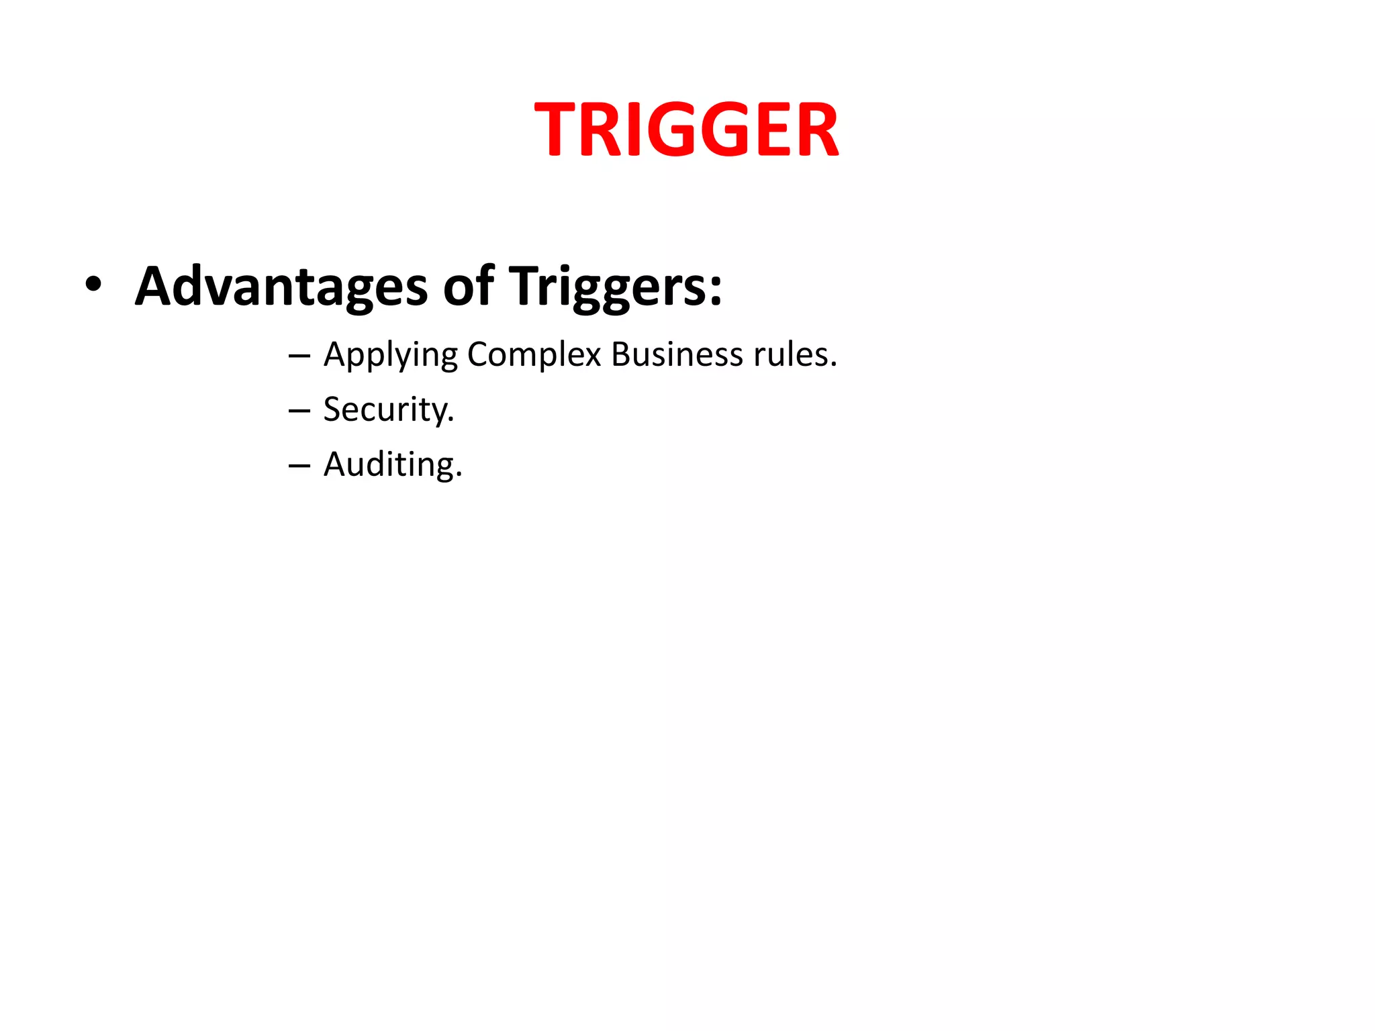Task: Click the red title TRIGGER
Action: click(x=686, y=130)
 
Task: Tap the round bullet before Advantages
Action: click(x=93, y=285)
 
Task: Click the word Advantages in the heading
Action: click(x=281, y=287)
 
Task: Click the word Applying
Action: click(x=391, y=355)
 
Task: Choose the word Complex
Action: click(x=534, y=355)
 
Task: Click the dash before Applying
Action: click(x=299, y=355)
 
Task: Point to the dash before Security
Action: click(x=299, y=410)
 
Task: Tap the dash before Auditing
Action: click(x=299, y=465)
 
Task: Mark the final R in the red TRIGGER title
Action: click(x=818, y=130)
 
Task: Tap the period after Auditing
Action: click(x=459, y=475)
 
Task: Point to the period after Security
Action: click(x=451, y=420)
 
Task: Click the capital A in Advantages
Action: click(x=155, y=286)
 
